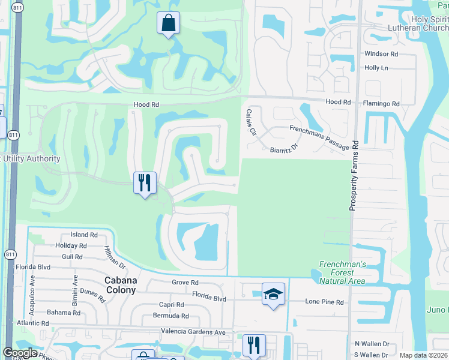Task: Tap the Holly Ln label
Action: [376, 68]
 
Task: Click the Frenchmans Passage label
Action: [319, 137]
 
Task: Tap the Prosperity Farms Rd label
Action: [355, 175]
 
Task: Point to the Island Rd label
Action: [84, 235]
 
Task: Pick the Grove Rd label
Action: [185, 283]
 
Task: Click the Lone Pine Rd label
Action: [324, 302]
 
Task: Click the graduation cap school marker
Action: [273, 294]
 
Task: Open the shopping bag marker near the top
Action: [169, 23]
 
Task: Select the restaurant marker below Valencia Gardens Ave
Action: [253, 345]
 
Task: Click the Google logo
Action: [20, 353]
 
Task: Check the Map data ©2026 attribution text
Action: [423, 355]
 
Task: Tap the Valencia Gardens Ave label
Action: [193, 332]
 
